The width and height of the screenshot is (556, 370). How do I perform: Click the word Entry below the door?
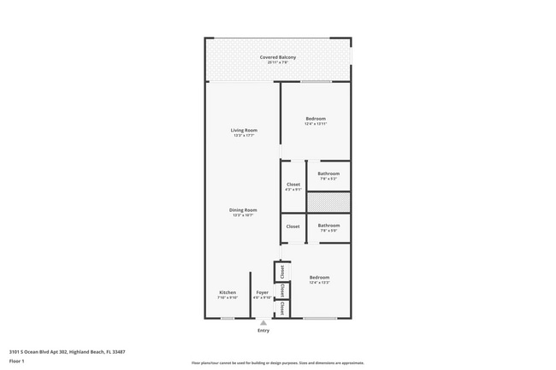pos(263,331)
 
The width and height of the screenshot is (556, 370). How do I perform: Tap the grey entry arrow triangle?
pos(263,323)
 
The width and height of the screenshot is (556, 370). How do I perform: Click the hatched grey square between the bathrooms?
pos(328,203)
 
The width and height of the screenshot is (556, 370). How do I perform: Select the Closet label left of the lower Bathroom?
pos(293,226)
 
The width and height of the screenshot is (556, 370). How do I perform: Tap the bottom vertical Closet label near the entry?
pos(281,308)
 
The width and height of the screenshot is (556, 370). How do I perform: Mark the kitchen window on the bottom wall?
pos(228,319)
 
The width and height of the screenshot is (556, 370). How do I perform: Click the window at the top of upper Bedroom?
pos(316,82)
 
